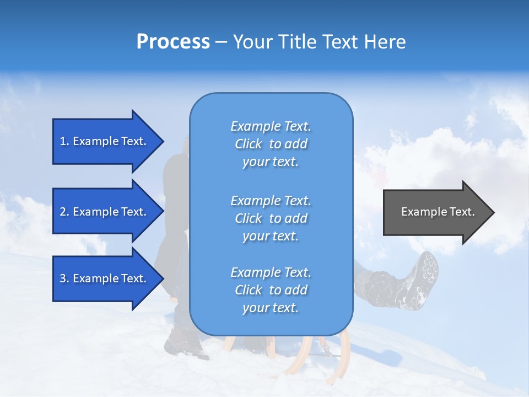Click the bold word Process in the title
point(173,42)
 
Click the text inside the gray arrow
point(438,212)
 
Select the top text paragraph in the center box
point(271,144)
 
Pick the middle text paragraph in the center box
point(271,218)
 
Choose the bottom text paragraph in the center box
point(271,290)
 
